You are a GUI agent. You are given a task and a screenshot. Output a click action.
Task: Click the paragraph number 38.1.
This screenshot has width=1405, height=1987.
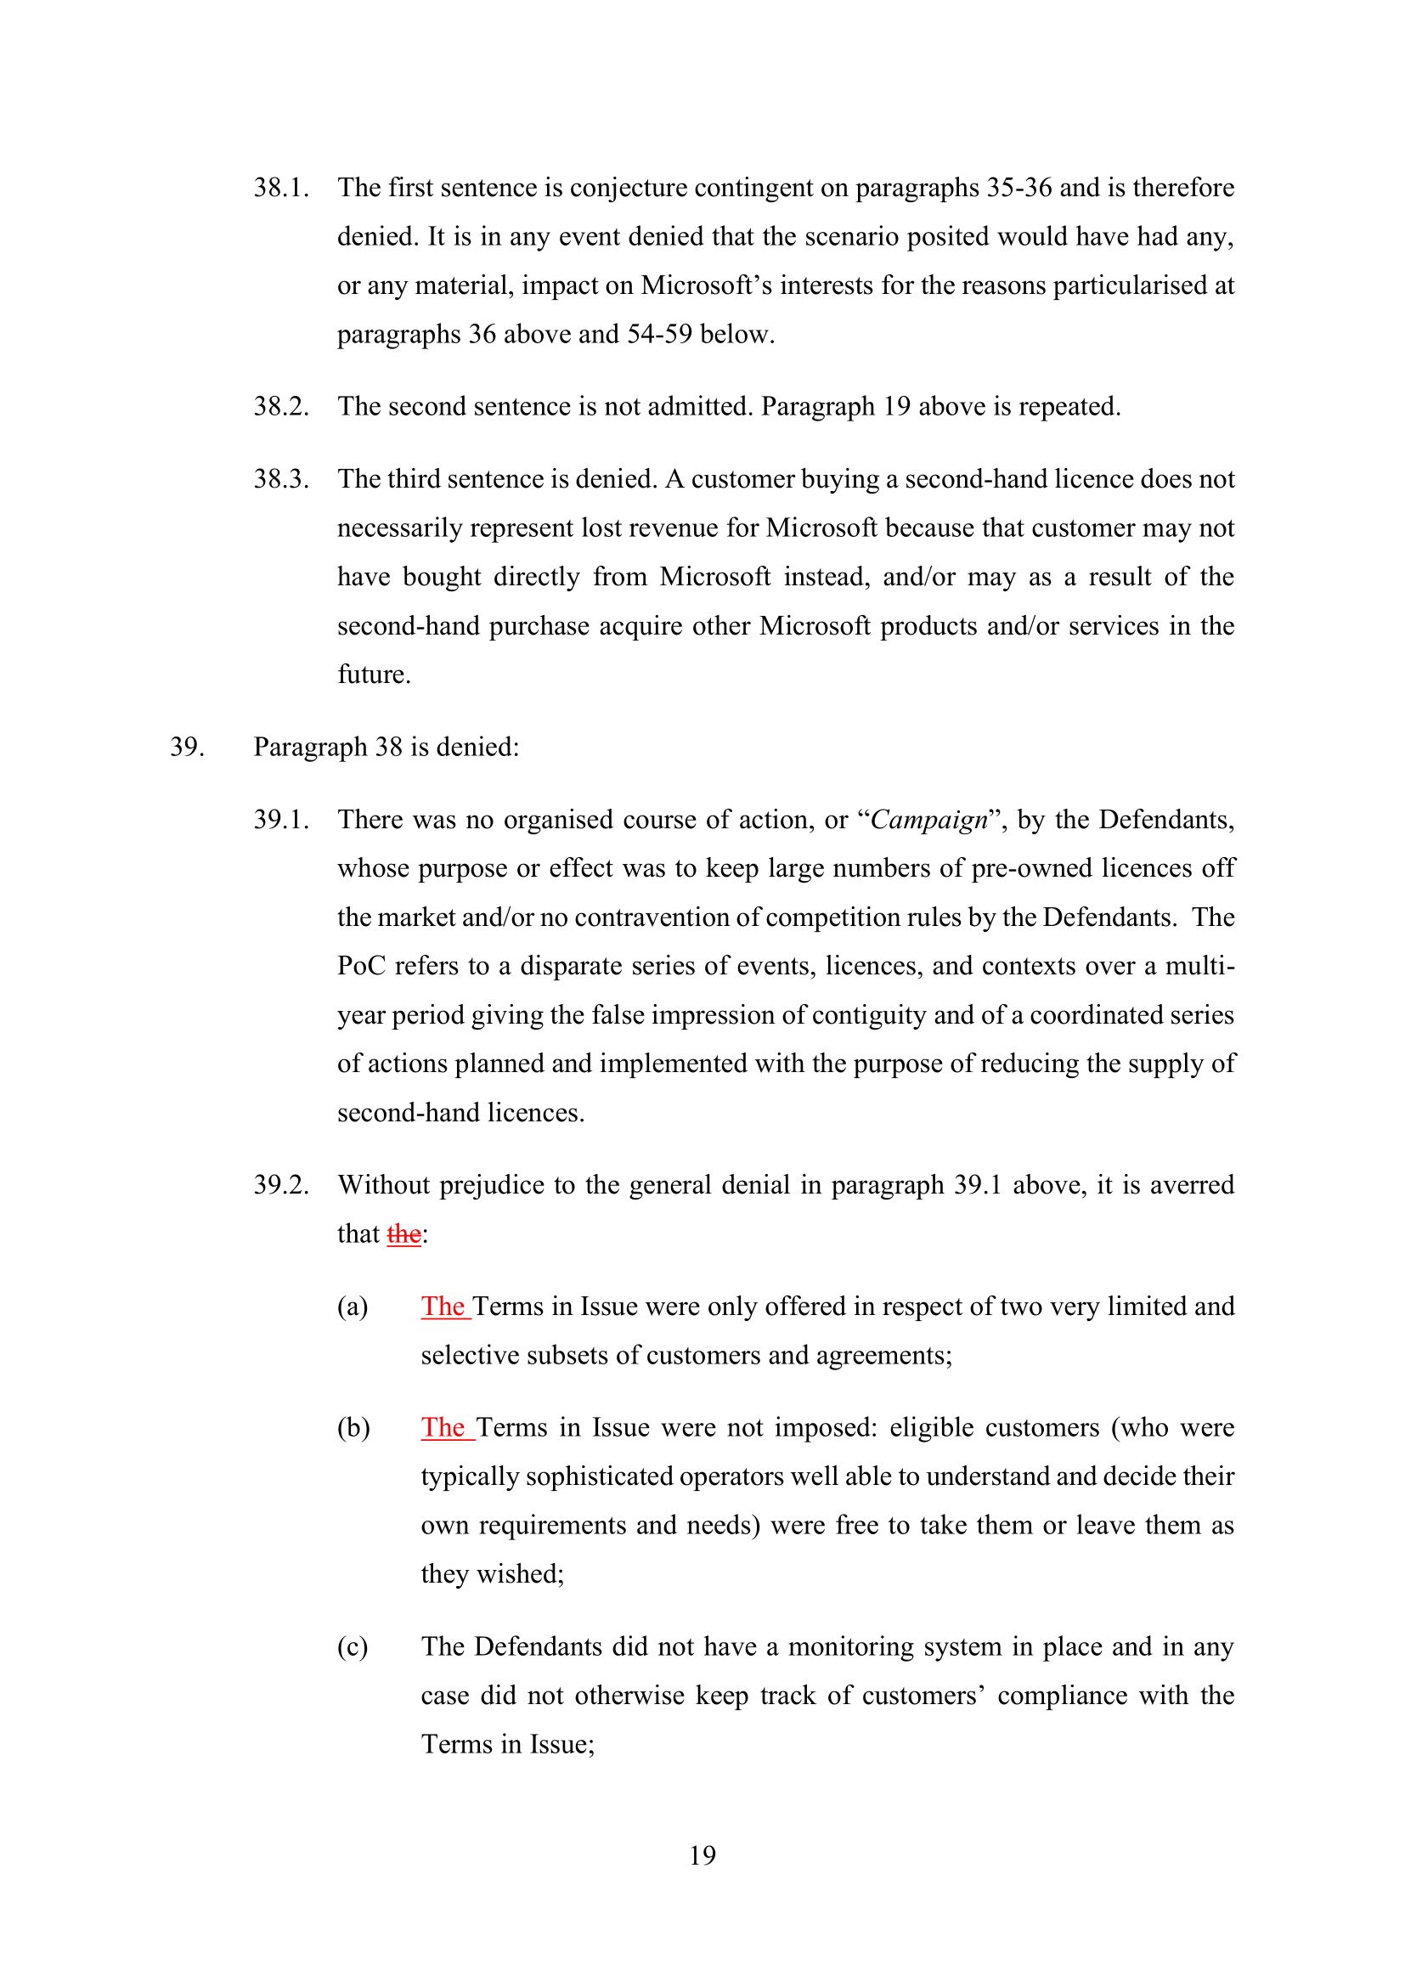click(x=281, y=188)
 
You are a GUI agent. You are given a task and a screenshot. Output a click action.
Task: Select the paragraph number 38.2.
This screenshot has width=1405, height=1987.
click(x=281, y=406)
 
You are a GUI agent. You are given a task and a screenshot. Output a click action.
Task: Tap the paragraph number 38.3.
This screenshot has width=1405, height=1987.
click(x=281, y=478)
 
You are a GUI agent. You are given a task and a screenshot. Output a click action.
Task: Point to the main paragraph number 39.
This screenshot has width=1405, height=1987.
click(x=187, y=747)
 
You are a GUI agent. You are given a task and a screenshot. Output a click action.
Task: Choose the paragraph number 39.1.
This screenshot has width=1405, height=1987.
click(x=281, y=820)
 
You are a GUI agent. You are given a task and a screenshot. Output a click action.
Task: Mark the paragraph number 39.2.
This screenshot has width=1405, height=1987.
click(x=281, y=1185)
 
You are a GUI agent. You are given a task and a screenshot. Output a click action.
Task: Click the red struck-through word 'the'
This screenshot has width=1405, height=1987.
click(x=404, y=1234)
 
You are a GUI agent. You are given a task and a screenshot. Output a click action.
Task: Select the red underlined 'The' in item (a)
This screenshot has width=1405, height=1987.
click(x=443, y=1307)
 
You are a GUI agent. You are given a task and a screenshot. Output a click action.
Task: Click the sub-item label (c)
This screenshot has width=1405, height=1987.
click(x=353, y=1647)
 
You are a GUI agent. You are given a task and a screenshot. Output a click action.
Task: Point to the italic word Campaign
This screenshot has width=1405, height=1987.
click(x=928, y=820)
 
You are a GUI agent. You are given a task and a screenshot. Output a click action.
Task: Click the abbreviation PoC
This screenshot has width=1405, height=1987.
click(x=361, y=966)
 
